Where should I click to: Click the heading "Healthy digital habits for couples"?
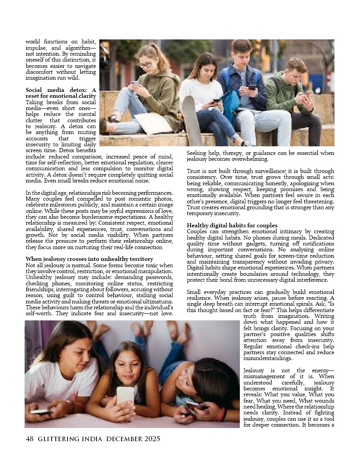pos(232,226)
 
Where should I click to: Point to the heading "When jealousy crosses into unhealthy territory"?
pos(89,259)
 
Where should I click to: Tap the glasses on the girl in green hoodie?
pos(146,64)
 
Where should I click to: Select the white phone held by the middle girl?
pos(126,395)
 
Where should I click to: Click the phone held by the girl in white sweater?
pos(216,101)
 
